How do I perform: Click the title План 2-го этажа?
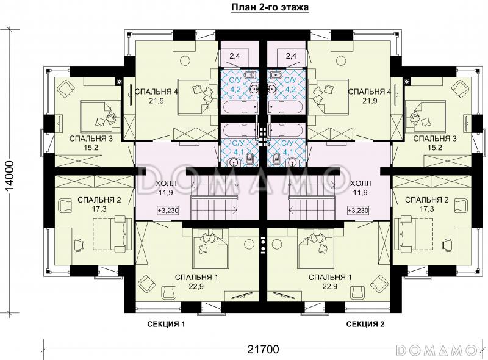(x=270, y=7)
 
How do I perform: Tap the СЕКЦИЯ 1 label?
(x=166, y=324)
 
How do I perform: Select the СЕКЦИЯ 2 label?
(x=365, y=324)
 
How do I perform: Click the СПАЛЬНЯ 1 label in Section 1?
(x=196, y=277)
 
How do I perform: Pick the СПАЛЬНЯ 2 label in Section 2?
(x=426, y=200)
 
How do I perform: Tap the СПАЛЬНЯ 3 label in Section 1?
(x=91, y=139)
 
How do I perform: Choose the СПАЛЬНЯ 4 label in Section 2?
(x=370, y=92)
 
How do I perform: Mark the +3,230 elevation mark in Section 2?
(x=358, y=211)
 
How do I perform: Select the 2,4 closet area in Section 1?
(x=235, y=56)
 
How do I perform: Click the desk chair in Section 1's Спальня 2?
(x=79, y=243)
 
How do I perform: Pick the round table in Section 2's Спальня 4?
(x=342, y=59)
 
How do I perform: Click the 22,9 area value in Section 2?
(x=330, y=286)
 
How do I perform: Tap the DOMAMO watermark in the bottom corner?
(x=439, y=350)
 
